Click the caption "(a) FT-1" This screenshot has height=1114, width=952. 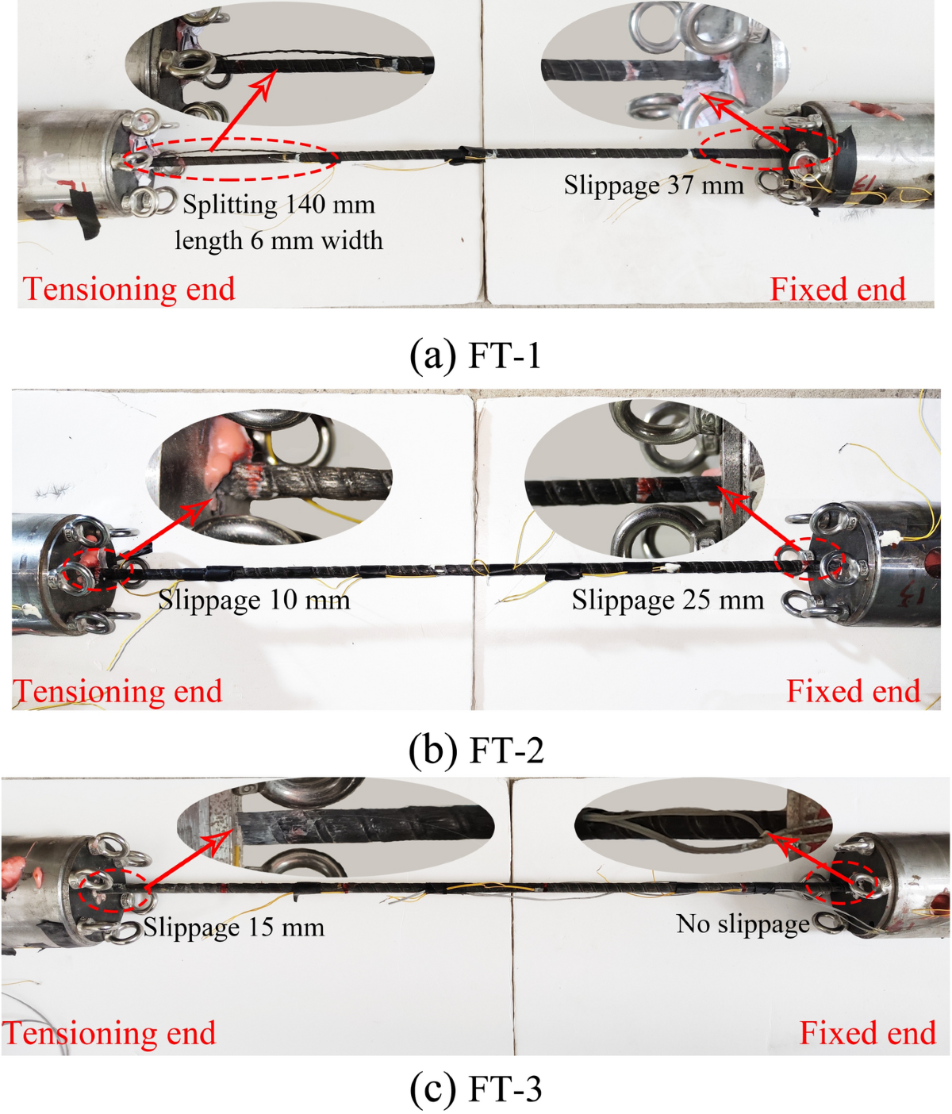[475, 355]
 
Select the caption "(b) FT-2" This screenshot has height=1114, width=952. [475, 749]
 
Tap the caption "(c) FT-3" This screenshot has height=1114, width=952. [475, 1089]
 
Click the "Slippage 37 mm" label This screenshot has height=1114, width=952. [654, 186]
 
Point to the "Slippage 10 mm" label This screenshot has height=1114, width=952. [254, 600]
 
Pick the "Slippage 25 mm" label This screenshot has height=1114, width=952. [667, 600]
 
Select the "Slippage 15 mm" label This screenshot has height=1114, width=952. [234, 928]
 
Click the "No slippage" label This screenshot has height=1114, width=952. [743, 924]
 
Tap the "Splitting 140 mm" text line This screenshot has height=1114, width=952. [278, 205]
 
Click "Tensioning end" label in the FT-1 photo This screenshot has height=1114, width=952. [129, 289]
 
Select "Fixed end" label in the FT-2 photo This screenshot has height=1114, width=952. [853, 691]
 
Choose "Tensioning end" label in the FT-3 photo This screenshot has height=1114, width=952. [109, 1033]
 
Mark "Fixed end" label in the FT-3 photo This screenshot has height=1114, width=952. [867, 1033]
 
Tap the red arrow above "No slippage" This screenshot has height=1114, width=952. [804, 859]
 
